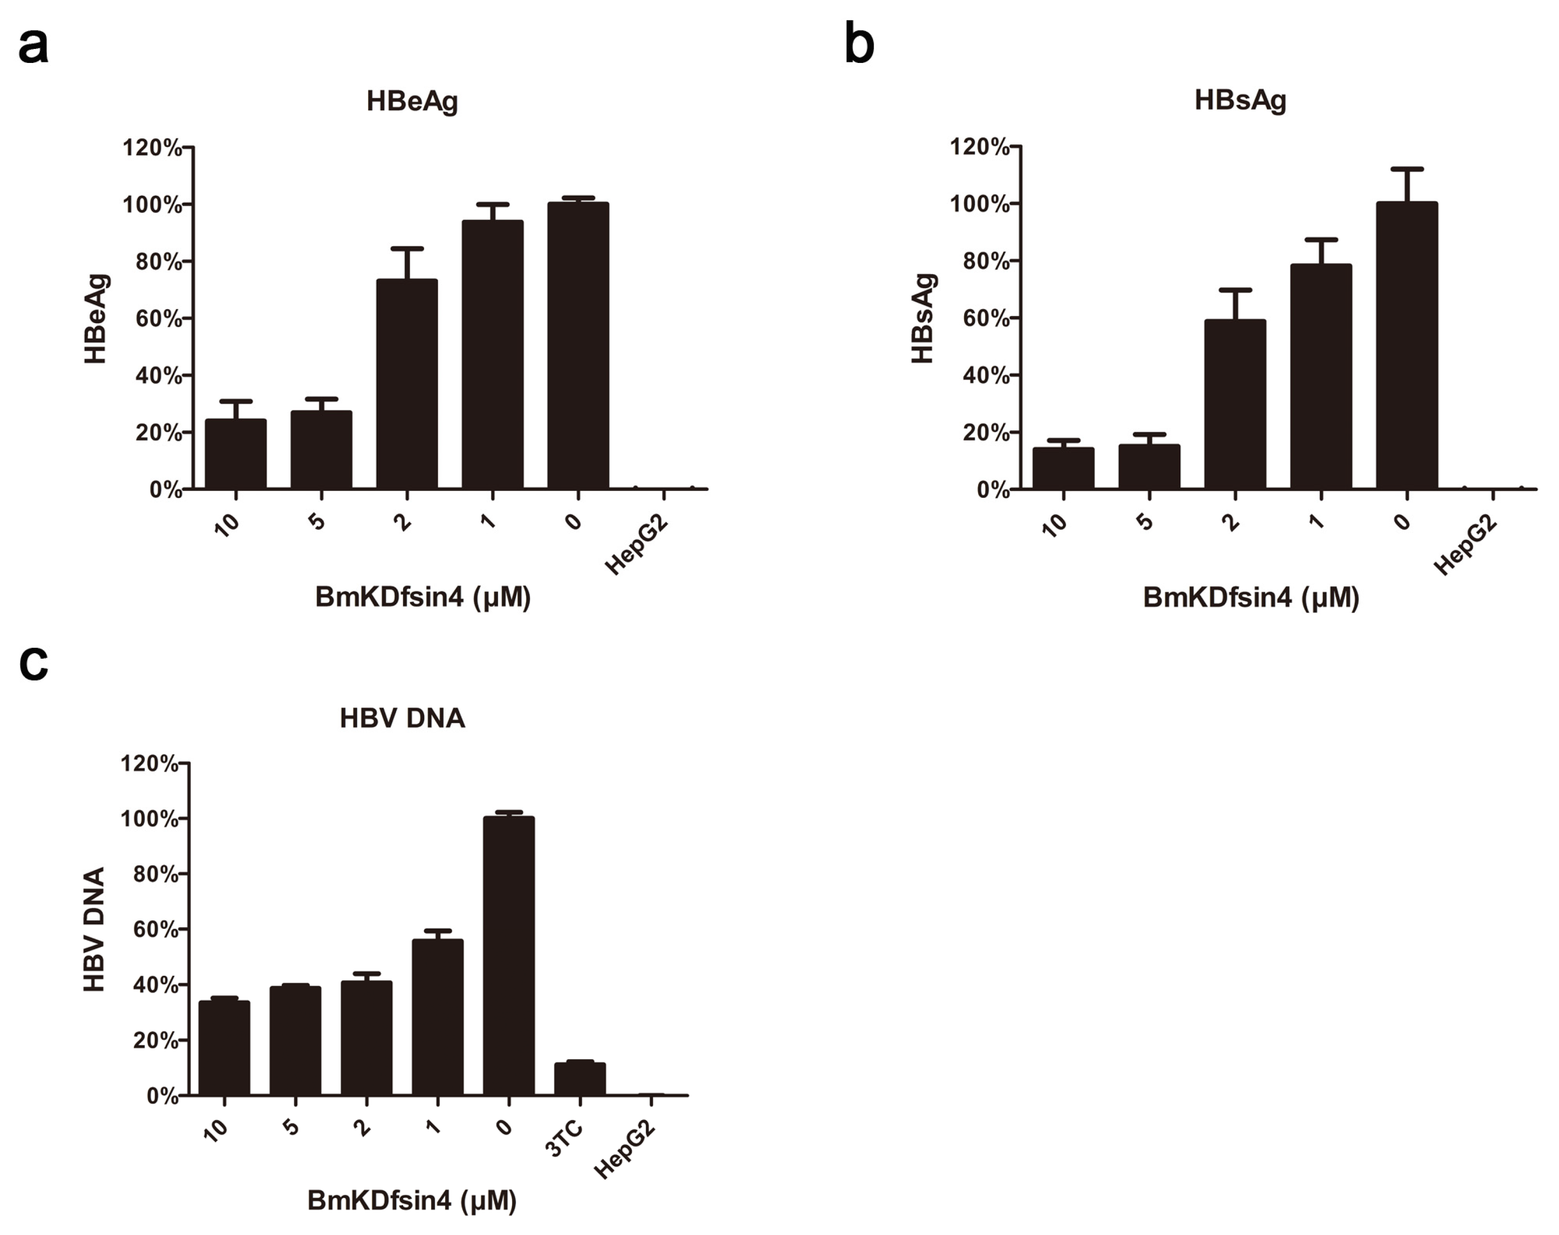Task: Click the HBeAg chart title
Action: pos(412,101)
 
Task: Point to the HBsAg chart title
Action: pos(1240,100)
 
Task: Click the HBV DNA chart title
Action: pos(402,718)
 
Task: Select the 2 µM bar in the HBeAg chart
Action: pos(407,383)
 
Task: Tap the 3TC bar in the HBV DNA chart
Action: pos(580,1078)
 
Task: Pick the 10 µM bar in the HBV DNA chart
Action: pos(224,1048)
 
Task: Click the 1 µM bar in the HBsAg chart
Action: pos(1320,376)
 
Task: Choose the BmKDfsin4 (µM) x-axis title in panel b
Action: pos(1251,598)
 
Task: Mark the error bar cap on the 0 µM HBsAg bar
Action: pos(1407,169)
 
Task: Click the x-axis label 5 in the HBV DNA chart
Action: pos(291,1127)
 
